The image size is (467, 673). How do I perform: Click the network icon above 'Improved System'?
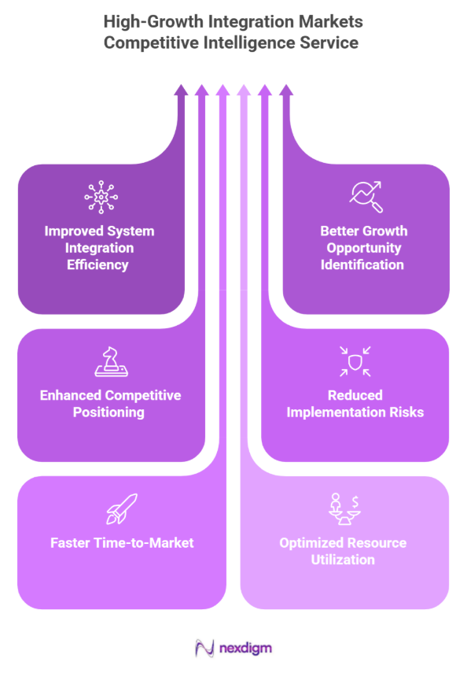click(99, 198)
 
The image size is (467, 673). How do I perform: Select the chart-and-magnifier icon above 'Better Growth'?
click(366, 198)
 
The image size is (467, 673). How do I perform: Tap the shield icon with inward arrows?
click(355, 361)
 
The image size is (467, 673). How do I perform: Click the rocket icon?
click(122, 508)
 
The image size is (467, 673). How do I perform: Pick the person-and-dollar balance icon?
click(344, 509)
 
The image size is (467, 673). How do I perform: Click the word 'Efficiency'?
click(99, 264)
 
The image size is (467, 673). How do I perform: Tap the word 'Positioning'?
click(110, 412)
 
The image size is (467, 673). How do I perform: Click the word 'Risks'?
click(403, 412)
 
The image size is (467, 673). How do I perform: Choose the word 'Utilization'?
click(344, 560)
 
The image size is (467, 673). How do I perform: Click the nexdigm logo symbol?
click(204, 648)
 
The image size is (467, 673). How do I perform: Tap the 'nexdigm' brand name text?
click(245, 649)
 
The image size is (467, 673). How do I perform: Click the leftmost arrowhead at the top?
click(181, 91)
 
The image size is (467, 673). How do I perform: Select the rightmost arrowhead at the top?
click(286, 91)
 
